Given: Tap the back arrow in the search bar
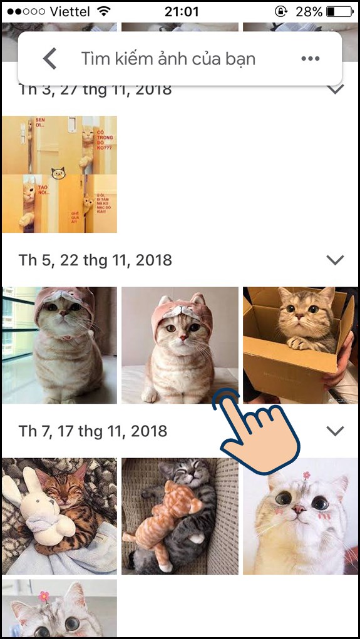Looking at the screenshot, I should [x=50, y=59].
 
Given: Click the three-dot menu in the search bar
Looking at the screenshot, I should [x=311, y=59].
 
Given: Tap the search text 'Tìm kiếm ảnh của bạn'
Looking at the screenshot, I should [x=168, y=59].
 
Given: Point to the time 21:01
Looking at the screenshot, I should [x=182, y=11].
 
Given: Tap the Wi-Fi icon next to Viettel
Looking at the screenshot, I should [x=104, y=11].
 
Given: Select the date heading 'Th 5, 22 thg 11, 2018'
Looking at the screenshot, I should [x=95, y=260].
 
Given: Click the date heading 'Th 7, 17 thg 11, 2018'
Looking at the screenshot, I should [x=93, y=431].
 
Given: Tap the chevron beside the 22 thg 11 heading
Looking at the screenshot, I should [x=336, y=260].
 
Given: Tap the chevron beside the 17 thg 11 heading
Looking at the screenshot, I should [x=336, y=431].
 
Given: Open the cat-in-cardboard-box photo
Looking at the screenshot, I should [x=301, y=344].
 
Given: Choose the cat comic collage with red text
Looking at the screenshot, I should [x=59, y=174].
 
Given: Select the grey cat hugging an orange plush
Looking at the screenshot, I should [x=180, y=516].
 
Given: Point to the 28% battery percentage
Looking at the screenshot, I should [x=309, y=11].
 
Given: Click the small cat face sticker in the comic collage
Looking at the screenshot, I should [x=58, y=172].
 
